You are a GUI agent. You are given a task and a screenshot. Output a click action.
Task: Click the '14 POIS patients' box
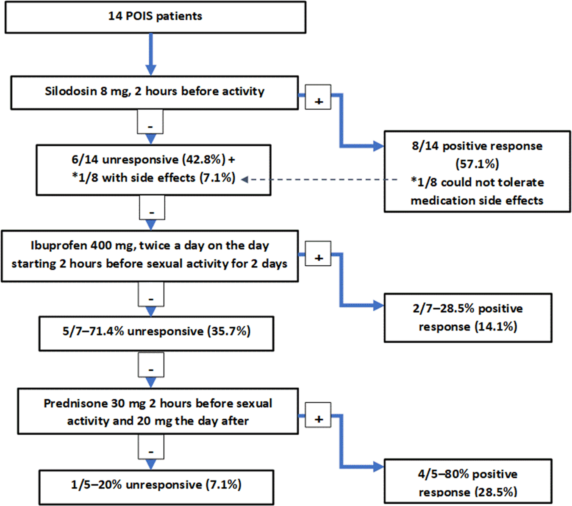pyautogui.click(x=155, y=17)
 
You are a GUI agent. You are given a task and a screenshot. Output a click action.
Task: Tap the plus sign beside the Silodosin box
pyautogui.click(x=318, y=101)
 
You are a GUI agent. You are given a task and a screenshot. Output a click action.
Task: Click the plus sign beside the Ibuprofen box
pyautogui.click(x=318, y=257)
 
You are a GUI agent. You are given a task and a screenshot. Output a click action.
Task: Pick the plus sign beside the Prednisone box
pyautogui.click(x=318, y=419)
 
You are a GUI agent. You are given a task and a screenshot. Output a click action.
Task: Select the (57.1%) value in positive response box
pyautogui.click(x=477, y=164)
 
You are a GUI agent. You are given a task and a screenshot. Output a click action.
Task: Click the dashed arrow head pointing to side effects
pyautogui.click(x=244, y=180)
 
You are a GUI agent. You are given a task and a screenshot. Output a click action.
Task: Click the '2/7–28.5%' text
pyautogui.click(x=443, y=309)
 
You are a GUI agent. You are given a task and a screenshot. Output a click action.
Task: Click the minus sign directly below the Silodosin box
pyautogui.click(x=150, y=126)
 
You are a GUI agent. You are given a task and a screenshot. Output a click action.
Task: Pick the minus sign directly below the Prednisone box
pyautogui.click(x=151, y=452)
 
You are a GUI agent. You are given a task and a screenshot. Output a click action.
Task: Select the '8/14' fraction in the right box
pyautogui.click(x=425, y=146)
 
